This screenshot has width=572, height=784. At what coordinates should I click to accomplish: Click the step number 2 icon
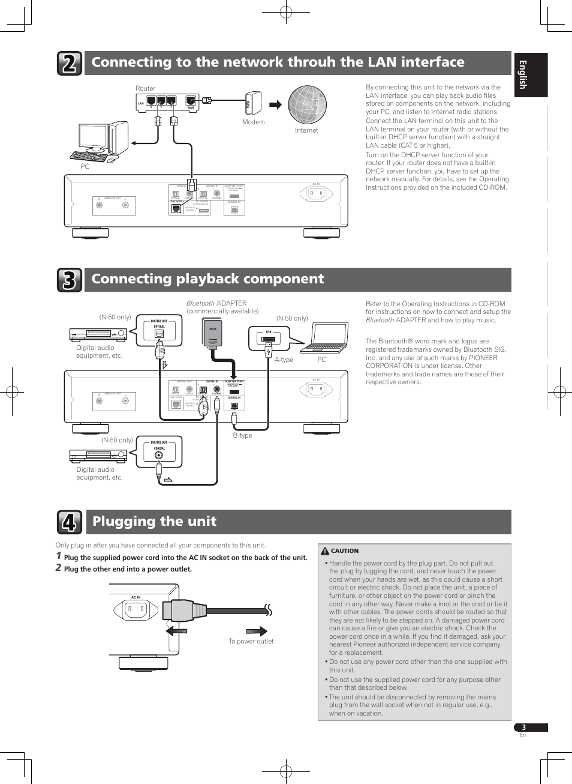click(x=70, y=63)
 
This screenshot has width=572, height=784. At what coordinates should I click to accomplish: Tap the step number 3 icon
click(x=70, y=280)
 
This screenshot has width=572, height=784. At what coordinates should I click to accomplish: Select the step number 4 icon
click(x=70, y=522)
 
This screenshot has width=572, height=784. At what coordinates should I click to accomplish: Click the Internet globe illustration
click(x=307, y=104)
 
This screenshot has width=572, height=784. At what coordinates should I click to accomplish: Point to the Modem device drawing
click(x=254, y=103)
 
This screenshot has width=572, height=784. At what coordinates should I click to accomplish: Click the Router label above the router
click(x=145, y=88)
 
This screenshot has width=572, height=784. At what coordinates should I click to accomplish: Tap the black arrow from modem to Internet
click(x=275, y=105)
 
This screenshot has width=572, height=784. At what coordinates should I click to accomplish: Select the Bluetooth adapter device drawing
click(x=212, y=333)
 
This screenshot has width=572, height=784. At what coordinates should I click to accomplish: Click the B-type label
click(x=242, y=435)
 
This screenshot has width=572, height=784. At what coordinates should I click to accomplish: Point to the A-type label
click(x=284, y=360)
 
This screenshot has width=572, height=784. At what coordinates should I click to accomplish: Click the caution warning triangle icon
click(x=325, y=551)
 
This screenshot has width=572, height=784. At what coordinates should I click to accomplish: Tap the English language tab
click(x=531, y=75)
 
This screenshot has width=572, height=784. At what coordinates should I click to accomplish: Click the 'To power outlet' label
click(x=251, y=641)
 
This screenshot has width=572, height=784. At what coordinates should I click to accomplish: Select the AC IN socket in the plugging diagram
click(x=136, y=611)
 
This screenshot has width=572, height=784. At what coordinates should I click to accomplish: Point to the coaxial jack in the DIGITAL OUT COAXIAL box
click(x=159, y=455)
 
